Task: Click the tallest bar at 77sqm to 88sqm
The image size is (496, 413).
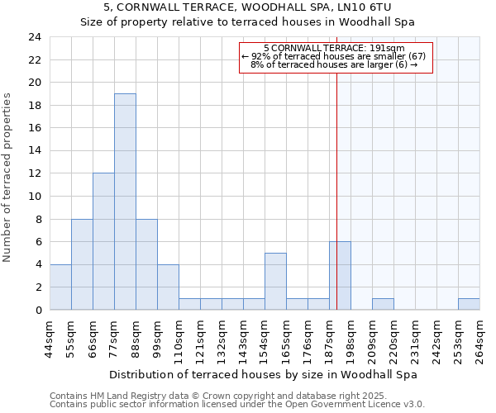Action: tap(125, 202)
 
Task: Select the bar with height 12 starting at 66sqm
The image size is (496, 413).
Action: tap(103, 241)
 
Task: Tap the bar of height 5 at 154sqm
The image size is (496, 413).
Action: tap(275, 281)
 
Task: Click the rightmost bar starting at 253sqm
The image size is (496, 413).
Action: tap(469, 304)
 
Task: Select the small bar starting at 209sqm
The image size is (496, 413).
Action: tap(383, 304)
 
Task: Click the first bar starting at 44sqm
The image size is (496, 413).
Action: tap(60, 287)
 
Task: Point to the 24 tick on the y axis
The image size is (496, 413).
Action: tap(34, 37)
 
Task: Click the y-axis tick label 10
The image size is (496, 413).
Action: tap(34, 197)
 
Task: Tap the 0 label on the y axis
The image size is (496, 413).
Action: tap(37, 310)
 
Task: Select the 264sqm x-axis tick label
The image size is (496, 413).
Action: tap(479, 334)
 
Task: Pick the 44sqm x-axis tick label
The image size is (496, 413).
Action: tap(50, 334)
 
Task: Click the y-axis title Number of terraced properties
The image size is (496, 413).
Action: tap(8, 178)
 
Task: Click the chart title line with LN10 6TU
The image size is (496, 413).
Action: tap(247, 7)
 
